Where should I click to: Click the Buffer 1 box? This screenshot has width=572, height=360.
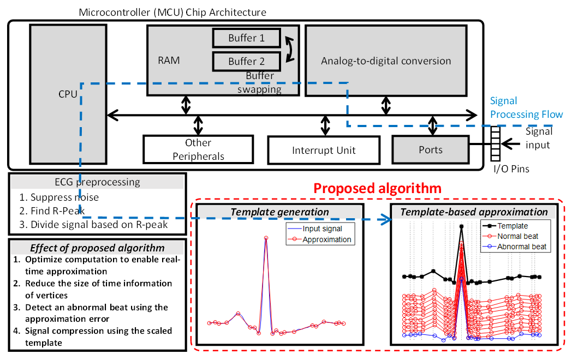coord(246,38)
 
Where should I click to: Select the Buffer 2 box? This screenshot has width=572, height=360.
coord(246,61)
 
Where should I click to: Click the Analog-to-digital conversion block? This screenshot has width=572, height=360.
coord(386,61)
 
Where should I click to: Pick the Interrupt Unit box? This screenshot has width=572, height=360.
coord(324,150)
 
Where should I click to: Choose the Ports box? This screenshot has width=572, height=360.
coord(431,149)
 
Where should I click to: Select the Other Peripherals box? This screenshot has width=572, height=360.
coord(198,149)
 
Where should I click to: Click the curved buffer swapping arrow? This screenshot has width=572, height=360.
coord(289,49)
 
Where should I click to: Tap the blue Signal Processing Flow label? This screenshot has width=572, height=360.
coord(526,107)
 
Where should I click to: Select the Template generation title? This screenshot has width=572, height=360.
coord(279,212)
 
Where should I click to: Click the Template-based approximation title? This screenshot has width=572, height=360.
coord(474,212)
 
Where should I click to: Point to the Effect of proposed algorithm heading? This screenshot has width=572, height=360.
coord(98,248)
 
